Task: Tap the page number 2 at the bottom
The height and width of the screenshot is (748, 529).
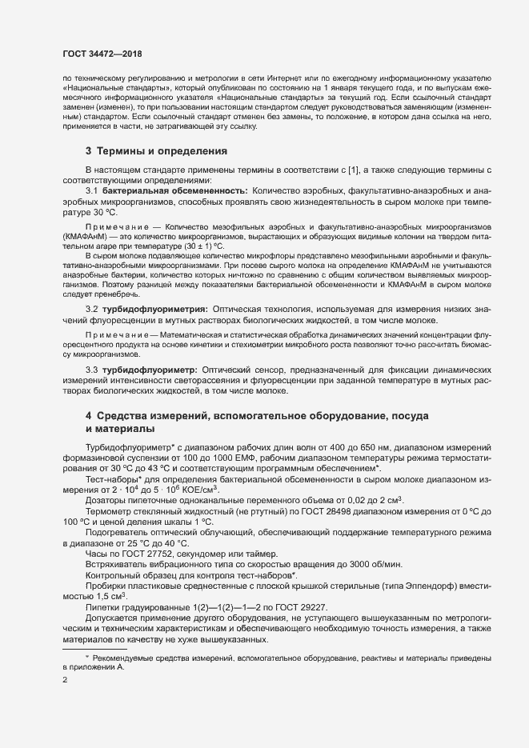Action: point(65,679)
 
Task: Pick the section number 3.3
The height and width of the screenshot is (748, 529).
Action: point(91,370)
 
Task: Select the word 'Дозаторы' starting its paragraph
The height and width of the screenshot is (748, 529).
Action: point(106,497)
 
